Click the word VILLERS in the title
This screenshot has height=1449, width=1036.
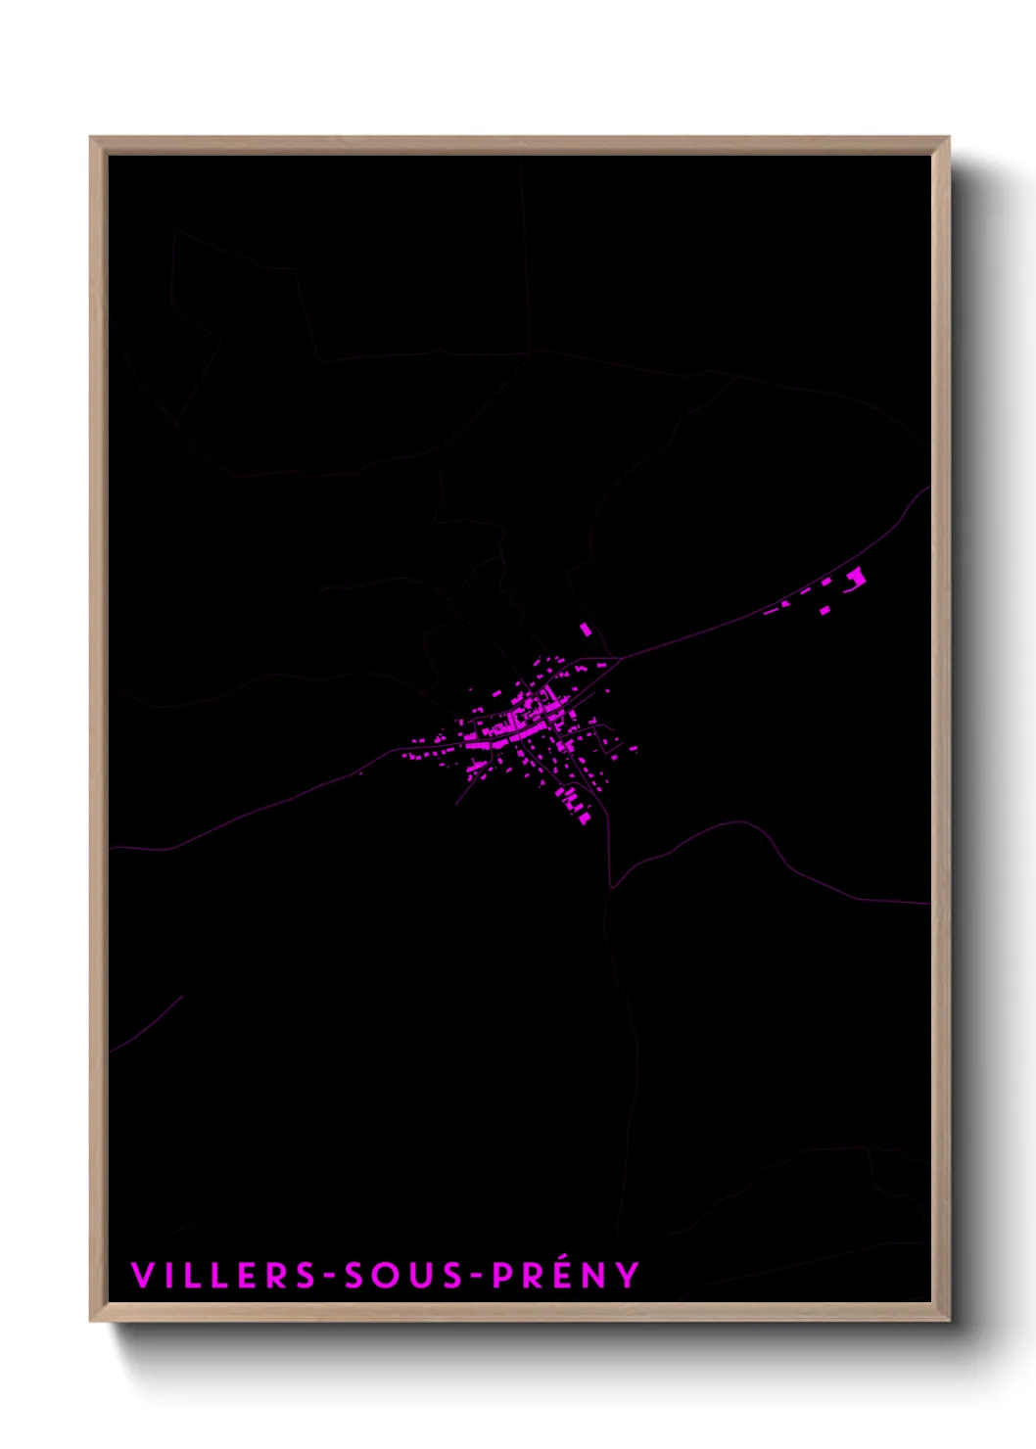222,1276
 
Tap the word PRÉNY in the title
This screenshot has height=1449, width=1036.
565,1275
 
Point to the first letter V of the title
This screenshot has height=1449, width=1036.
142,1276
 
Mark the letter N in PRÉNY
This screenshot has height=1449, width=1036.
595,1276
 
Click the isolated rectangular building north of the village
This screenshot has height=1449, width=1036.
586,629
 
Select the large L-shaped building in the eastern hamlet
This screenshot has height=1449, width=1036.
857,579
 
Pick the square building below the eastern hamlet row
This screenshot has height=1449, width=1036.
824,611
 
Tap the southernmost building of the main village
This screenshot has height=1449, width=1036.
585,818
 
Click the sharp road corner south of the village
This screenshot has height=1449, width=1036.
611,887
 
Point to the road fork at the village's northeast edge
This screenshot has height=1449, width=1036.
618,658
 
